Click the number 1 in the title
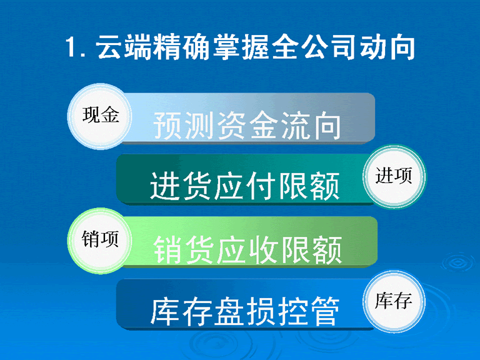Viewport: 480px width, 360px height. tap(71, 47)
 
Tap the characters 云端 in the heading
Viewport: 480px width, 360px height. tap(124, 47)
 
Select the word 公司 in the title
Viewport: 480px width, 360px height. tap(329, 47)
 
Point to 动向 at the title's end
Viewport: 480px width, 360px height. tap(387, 47)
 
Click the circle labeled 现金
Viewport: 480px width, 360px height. tap(99, 117)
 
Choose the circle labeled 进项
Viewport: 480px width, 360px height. tap(394, 177)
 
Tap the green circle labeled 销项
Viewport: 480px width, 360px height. tap(99, 241)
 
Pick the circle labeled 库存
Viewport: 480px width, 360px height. tap(394, 301)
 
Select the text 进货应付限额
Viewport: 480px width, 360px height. tap(245, 186)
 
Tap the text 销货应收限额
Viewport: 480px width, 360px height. tap(247, 249)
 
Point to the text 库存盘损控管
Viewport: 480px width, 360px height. tap(245, 311)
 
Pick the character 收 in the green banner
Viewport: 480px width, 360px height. tap(263, 249)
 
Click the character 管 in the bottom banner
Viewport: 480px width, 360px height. tap(324, 311)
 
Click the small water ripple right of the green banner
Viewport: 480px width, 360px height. tap(458, 262)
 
